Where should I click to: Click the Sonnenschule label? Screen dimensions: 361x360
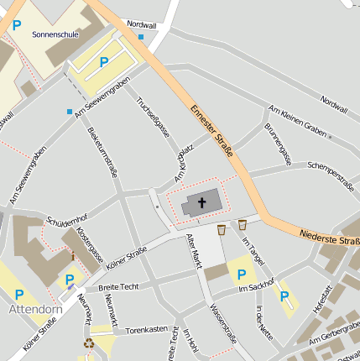tap(55, 35)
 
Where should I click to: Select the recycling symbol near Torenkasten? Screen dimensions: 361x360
tap(88, 343)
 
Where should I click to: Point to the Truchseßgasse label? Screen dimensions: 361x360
tap(153, 117)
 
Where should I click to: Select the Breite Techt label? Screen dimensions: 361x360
tap(118, 287)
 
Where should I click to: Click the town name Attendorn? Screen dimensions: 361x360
tap(36, 309)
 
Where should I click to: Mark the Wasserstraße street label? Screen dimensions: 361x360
tap(222, 324)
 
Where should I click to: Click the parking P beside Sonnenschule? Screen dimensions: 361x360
tap(104, 61)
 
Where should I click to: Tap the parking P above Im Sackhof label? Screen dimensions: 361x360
tap(242, 274)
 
